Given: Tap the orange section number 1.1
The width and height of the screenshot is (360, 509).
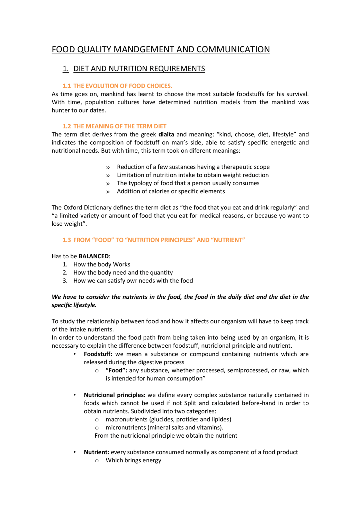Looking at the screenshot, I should (x=67, y=86).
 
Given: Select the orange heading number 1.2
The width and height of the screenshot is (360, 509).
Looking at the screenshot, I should (x=67, y=126).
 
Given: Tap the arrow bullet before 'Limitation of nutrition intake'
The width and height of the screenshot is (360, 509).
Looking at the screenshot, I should (x=108, y=176).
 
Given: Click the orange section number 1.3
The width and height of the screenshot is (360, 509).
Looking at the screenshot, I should (x=67, y=240).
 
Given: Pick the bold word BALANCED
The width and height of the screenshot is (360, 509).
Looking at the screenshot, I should (x=94, y=256).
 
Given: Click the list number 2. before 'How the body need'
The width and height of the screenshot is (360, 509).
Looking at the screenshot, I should (x=65, y=273).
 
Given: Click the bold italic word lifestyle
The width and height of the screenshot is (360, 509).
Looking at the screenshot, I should (x=85, y=305).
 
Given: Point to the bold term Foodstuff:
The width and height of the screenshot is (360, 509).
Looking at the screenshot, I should (x=98, y=354).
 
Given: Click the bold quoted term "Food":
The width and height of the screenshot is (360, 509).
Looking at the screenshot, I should (x=116, y=370).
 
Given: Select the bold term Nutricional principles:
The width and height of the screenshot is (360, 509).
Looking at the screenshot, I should (x=114, y=395).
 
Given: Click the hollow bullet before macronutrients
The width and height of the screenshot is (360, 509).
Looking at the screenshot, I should (x=97, y=420).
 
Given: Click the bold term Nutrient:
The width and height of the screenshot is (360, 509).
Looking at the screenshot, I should (x=96, y=452).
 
